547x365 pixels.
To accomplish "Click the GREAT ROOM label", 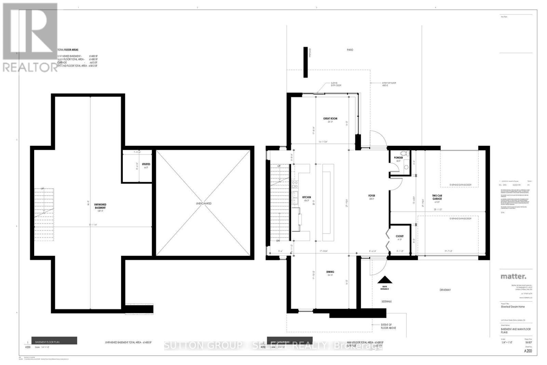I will (x=330, y=119).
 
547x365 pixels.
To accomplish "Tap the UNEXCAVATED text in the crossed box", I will (x=203, y=204).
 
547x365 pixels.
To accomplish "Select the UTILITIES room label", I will (x=146, y=165).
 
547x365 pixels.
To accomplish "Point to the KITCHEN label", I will (x=306, y=198).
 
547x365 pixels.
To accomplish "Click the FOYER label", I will (x=372, y=196).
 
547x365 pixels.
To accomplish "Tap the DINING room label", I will (x=330, y=272).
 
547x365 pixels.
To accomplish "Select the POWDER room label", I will (x=398, y=158).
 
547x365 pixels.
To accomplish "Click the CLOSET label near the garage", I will (x=400, y=236).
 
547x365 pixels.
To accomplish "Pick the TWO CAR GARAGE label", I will (x=437, y=197).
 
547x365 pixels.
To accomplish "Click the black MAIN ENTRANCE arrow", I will (x=385, y=279).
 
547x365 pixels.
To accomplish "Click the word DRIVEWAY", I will (x=445, y=290).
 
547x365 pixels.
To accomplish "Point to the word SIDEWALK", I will (x=386, y=302).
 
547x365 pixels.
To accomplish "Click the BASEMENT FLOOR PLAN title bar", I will (x=54, y=341).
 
